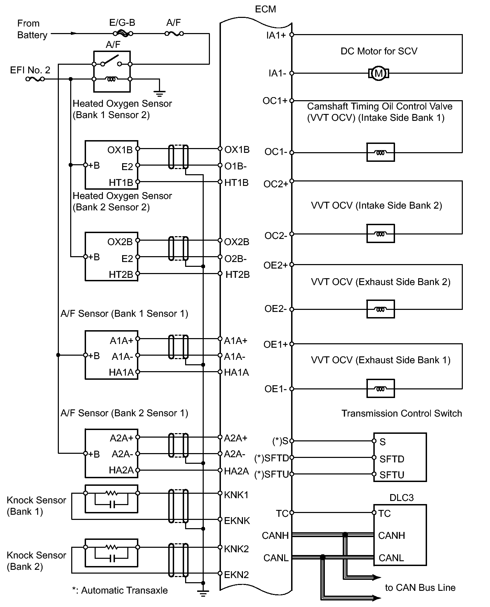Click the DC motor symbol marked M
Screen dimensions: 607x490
(379, 73)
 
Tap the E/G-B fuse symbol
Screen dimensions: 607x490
(122, 33)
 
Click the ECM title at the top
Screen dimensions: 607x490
(265, 9)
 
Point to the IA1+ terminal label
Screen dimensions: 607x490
(276, 35)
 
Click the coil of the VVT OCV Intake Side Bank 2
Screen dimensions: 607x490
(380, 234)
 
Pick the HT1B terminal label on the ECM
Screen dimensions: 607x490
(236, 183)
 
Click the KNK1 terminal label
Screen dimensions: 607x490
(236, 495)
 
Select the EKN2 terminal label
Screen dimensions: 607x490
(236, 575)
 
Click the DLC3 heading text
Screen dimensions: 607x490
(401, 498)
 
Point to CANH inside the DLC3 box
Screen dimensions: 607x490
(391, 536)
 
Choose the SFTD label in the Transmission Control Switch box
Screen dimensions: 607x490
(392, 459)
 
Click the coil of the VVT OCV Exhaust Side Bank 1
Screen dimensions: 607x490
(380, 389)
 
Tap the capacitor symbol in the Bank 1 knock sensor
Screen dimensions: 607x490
(111, 505)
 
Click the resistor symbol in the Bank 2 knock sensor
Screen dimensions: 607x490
(111, 547)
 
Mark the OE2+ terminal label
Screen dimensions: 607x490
(275, 265)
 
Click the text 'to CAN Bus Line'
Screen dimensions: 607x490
(420, 588)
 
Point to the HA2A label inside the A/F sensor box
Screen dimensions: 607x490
(121, 470)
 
